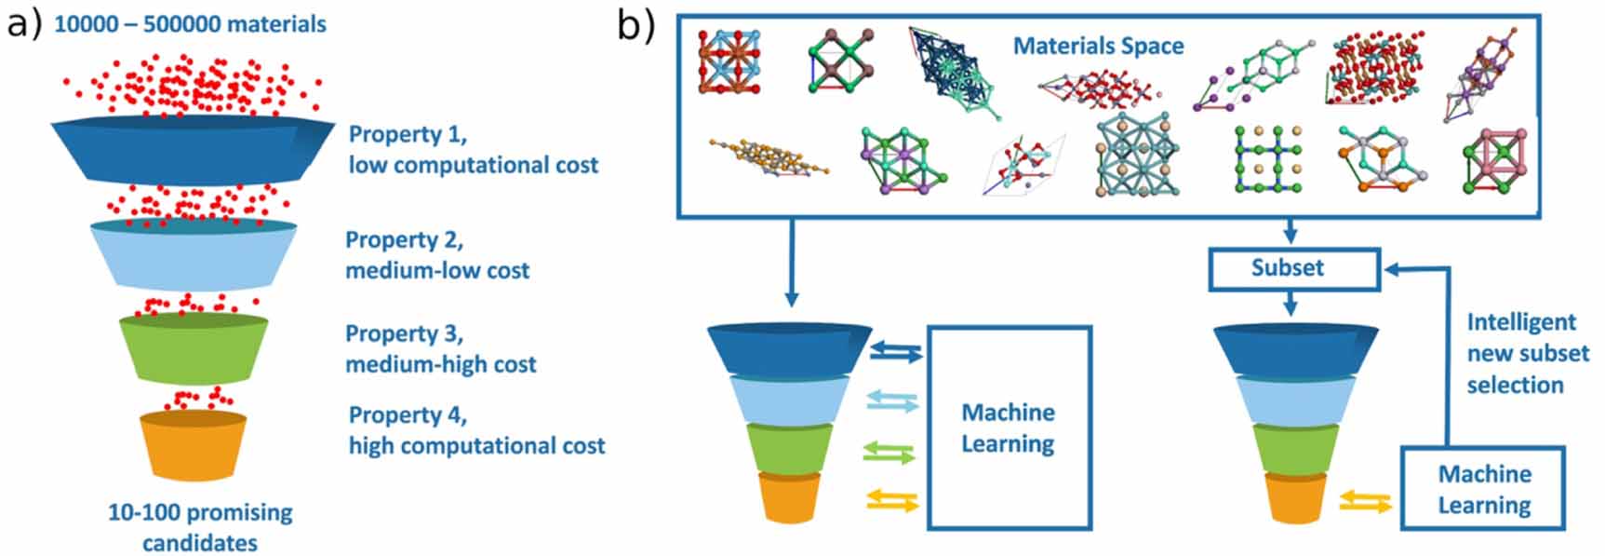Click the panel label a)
(24, 23)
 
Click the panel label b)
(635, 25)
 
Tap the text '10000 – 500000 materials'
(190, 23)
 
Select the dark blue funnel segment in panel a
(192, 149)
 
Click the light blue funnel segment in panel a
(194, 256)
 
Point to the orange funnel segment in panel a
(194, 445)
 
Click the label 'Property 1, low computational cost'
(473, 149)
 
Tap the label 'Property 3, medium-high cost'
(440, 348)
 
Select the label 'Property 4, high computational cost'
(476, 430)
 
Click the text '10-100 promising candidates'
(200, 527)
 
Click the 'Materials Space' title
(1098, 46)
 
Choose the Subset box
(1292, 268)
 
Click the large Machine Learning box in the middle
(1009, 427)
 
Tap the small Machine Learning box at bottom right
(1483, 489)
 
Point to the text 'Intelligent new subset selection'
(1527, 353)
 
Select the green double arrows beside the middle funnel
(889, 453)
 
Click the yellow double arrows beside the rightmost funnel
(1365, 503)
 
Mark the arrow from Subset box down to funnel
(1290, 304)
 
